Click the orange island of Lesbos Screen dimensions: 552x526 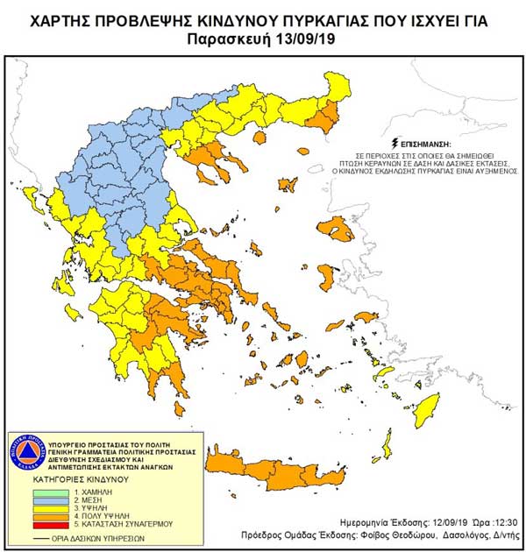(x=337, y=230)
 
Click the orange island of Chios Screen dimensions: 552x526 (x=324, y=279)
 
